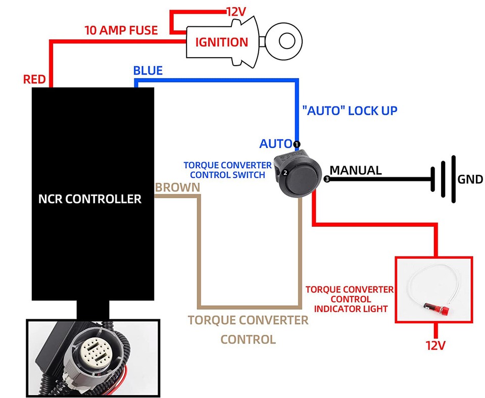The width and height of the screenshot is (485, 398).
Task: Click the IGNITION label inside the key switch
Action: [222, 42]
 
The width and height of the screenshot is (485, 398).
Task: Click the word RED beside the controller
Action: [34, 79]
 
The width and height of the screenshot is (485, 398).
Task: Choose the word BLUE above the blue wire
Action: [148, 70]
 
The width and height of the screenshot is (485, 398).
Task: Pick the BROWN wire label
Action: [177, 187]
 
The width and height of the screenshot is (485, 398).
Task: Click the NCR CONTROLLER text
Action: [90, 199]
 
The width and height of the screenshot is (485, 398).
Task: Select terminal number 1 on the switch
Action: [297, 144]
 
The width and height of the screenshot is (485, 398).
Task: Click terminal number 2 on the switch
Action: [285, 173]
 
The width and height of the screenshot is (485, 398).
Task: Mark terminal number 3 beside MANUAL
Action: [326, 179]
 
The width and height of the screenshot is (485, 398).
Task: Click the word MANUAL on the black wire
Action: [356, 170]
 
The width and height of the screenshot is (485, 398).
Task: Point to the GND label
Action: [470, 179]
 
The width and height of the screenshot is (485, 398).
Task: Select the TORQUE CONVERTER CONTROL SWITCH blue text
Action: [224, 170]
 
